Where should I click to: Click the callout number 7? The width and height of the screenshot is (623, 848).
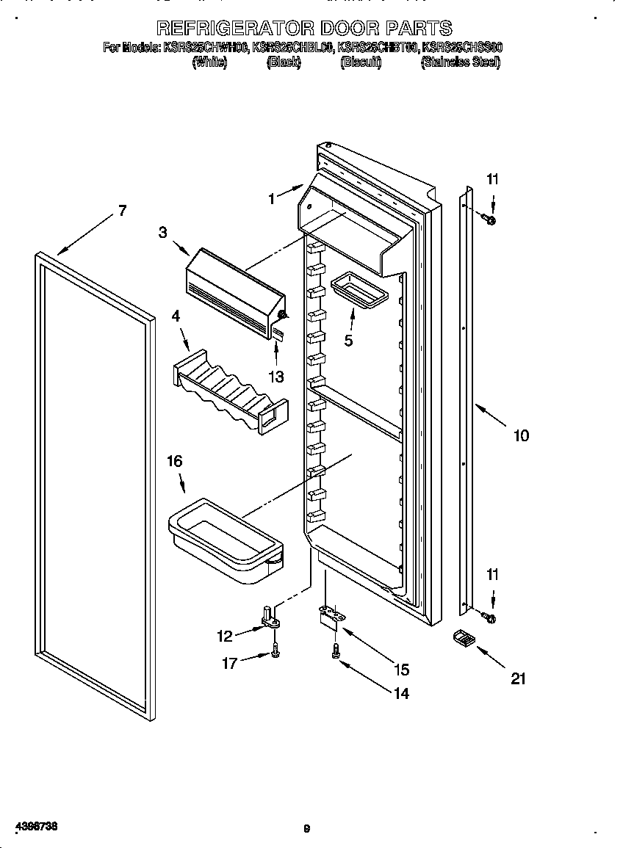121,211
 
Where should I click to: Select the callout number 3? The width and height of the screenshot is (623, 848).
162,232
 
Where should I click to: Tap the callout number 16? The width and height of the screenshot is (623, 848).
174,461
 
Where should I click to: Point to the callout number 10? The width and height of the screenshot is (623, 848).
520,435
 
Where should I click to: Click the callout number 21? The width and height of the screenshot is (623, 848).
519,679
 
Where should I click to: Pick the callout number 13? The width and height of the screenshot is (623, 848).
276,377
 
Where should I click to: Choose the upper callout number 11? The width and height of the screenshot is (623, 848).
492,178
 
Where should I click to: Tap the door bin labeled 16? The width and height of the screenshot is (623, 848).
225,540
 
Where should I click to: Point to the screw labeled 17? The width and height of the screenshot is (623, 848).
275,651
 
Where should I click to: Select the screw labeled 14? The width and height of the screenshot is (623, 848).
336,651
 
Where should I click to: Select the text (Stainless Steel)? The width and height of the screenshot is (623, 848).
460,63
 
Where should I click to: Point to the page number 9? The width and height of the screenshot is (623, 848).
307,829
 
